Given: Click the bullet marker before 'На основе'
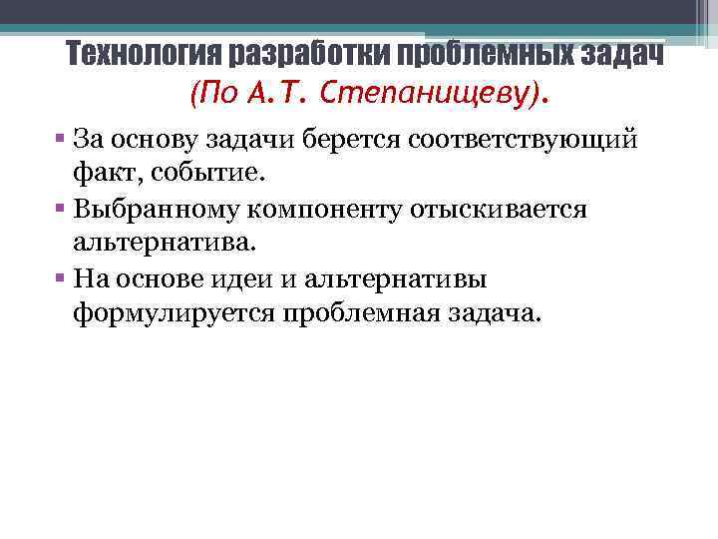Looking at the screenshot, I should click(61, 279).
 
